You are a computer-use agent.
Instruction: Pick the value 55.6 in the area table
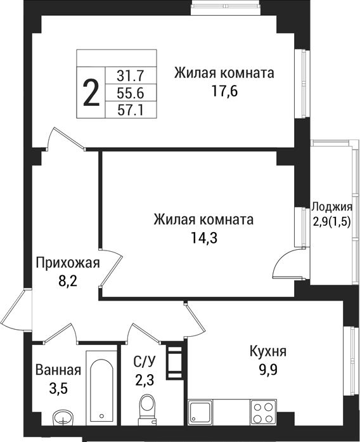[131, 93]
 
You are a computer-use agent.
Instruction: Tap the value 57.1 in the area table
[131, 110]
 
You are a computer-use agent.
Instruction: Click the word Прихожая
[68, 263]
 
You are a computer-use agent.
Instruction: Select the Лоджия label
[331, 206]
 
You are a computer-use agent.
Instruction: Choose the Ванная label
[58, 370]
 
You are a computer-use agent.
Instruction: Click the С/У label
[144, 362]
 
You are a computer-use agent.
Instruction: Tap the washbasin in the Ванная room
[63, 417]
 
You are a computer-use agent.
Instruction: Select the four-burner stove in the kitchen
[263, 412]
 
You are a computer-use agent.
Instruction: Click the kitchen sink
[201, 413]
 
